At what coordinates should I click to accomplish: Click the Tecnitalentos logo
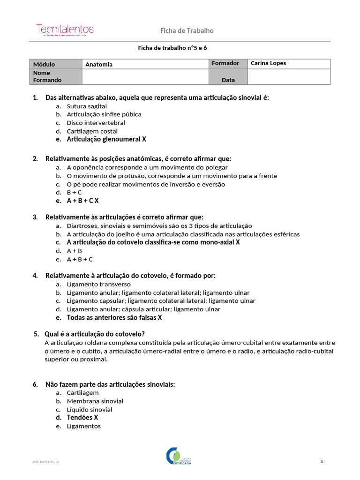click(65, 30)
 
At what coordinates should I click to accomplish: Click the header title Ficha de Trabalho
click(187, 30)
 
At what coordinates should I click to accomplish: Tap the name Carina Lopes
click(268, 63)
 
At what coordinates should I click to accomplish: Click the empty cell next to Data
click(288, 77)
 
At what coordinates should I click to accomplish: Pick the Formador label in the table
click(225, 63)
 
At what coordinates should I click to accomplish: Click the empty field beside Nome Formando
click(145, 77)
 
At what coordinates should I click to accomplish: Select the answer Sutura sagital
click(87, 106)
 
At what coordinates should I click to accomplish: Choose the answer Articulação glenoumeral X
click(106, 139)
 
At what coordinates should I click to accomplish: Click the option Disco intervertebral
click(96, 123)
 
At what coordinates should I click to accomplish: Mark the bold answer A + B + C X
click(82, 201)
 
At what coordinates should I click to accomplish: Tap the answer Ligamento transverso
click(98, 284)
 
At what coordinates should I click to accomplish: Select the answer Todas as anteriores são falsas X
click(114, 317)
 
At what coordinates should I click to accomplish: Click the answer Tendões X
click(82, 417)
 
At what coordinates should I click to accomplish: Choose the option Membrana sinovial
click(95, 401)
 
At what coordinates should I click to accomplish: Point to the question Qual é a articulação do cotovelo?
click(94, 334)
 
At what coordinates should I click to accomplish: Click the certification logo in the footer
click(180, 456)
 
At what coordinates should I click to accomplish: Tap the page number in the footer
click(322, 462)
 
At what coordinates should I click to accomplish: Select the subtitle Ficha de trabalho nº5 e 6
click(172, 48)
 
